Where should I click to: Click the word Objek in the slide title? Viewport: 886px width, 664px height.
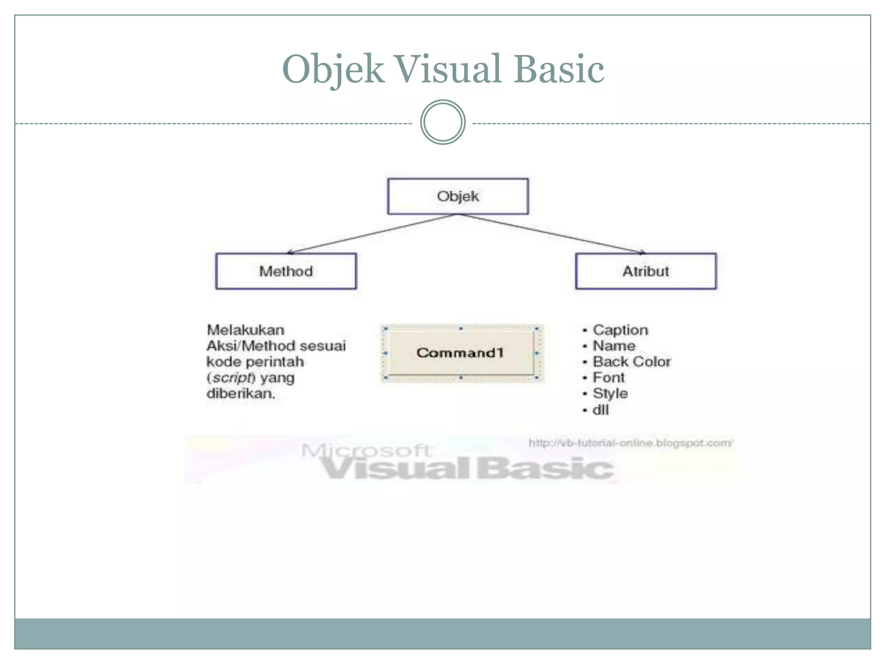(333, 69)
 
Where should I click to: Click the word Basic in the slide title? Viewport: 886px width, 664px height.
(559, 69)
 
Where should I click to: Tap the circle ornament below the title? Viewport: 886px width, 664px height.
(443, 122)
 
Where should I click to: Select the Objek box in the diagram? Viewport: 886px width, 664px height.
(458, 196)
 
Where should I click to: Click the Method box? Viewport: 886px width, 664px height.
(286, 271)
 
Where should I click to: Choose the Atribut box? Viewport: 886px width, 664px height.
(645, 271)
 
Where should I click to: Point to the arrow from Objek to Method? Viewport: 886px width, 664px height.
(372, 233)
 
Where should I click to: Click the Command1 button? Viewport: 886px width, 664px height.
(460, 353)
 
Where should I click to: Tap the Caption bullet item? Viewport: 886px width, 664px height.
(620, 330)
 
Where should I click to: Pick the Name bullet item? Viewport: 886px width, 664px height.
(613, 346)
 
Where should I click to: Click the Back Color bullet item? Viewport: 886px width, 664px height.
(631, 361)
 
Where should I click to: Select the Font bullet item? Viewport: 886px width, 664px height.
(608, 377)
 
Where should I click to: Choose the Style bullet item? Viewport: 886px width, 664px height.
(610, 393)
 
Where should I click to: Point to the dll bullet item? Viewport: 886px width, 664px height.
(600, 410)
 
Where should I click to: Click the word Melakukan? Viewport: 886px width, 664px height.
(245, 330)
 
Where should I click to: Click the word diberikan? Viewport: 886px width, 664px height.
(241, 393)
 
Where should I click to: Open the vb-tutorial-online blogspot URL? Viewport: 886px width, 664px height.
(630, 443)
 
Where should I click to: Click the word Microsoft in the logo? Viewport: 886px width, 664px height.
(366, 450)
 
